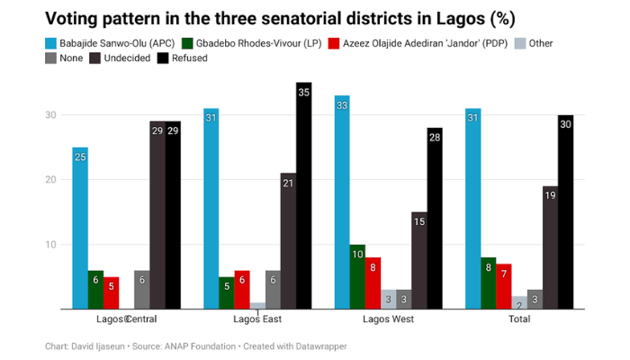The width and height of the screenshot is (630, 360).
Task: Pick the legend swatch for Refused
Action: pyautogui.click(x=163, y=58)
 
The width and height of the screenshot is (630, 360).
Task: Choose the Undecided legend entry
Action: pyautogui.click(x=115, y=58)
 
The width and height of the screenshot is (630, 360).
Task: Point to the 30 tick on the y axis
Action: pyautogui.click(x=52, y=115)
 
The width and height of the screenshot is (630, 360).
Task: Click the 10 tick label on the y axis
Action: pyautogui.click(x=52, y=245)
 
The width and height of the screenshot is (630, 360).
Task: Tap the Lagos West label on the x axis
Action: pyautogui.click(x=388, y=319)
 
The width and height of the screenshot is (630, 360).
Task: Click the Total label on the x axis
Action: pyautogui.click(x=519, y=319)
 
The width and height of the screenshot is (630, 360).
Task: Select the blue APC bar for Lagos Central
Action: pyautogui.click(x=80, y=229)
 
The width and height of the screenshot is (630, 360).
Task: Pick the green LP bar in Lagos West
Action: pyautogui.click(x=357, y=277)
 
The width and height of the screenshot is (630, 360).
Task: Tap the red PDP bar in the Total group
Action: pyautogui.click(x=504, y=287)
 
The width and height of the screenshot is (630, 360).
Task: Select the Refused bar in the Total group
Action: pyautogui.click(x=565, y=212)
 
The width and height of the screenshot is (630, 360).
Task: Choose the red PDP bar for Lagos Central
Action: pyautogui.click(x=111, y=293)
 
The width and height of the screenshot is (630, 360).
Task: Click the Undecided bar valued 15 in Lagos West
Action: pyautogui.click(x=418, y=261)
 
